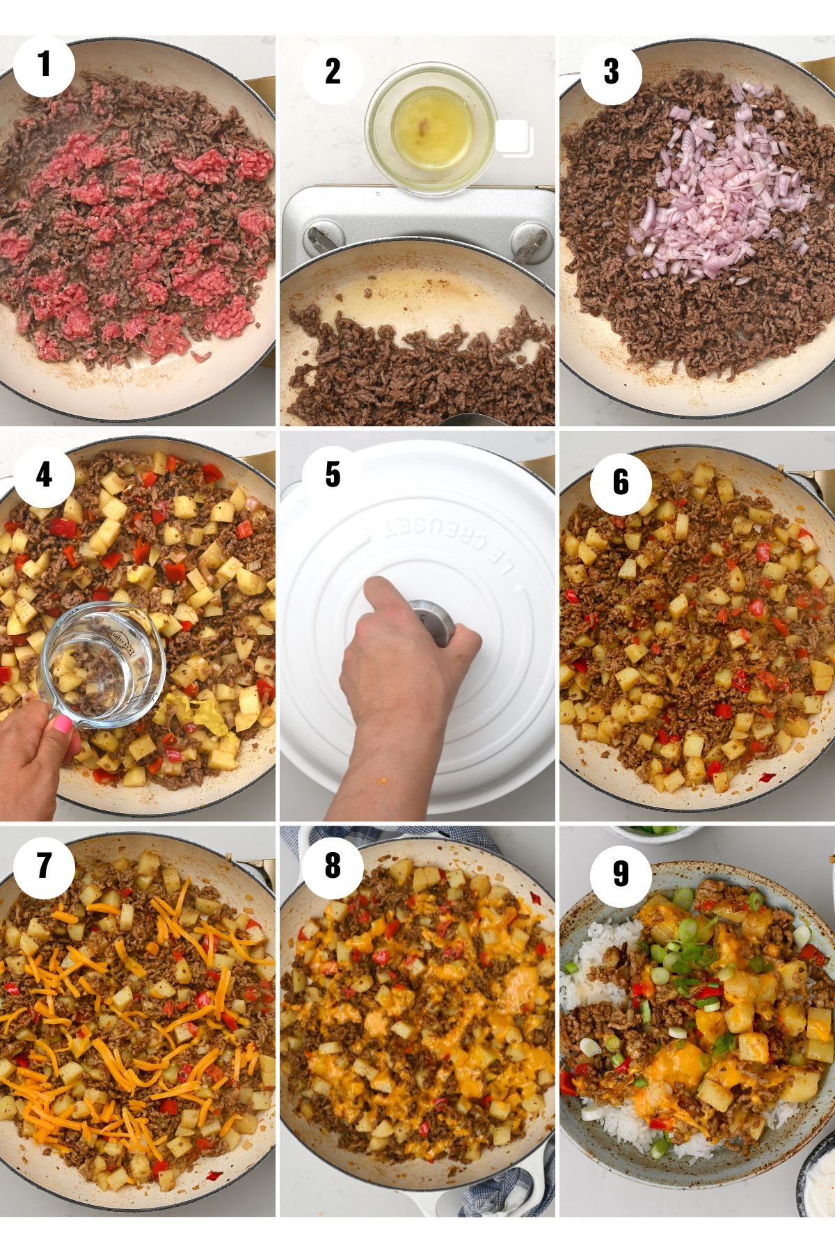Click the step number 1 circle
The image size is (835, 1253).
point(44,65)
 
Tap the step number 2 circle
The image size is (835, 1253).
point(333,72)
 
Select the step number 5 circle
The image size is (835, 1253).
point(333,475)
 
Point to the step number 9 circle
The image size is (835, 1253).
point(621,874)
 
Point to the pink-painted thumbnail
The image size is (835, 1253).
point(61,725)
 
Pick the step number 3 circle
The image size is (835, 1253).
point(611,72)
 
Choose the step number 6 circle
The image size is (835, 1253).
point(621,483)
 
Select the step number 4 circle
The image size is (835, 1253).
point(44,475)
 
